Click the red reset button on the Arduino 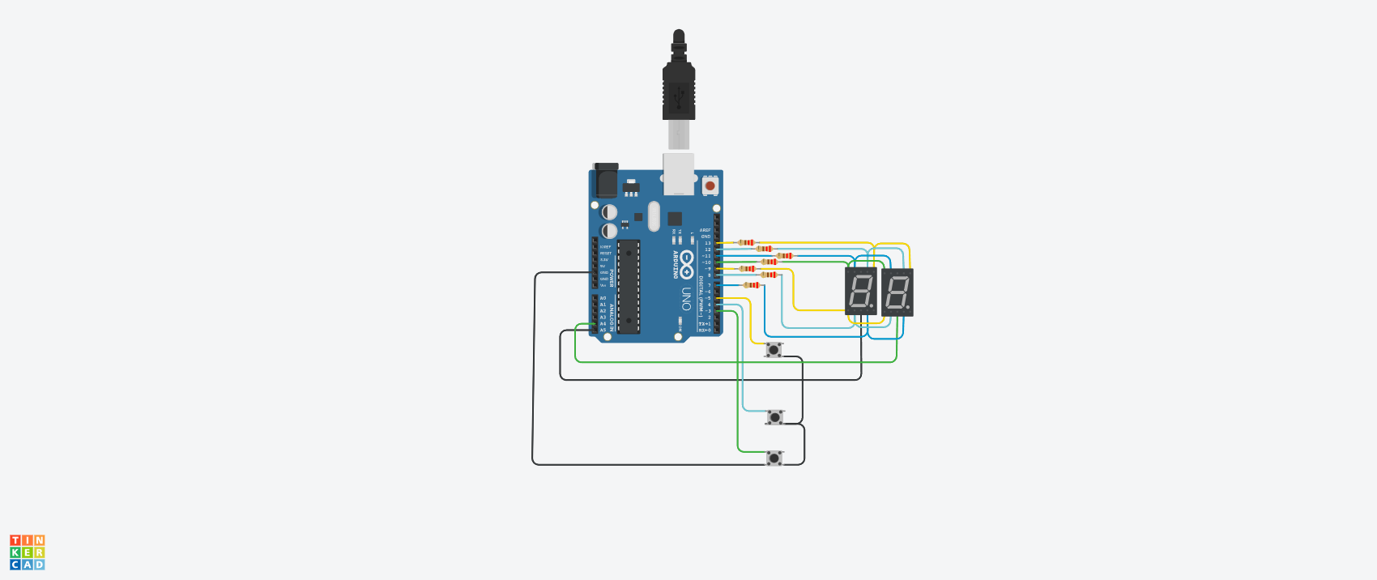[x=710, y=186]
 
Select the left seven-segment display [x=860, y=292]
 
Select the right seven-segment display [x=897, y=292]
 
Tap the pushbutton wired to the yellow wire [x=774, y=350]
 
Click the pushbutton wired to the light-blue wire [x=775, y=417]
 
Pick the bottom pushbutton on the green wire [x=774, y=458]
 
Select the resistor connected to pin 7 [x=752, y=285]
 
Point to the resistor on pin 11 [x=784, y=256]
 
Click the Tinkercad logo [x=28, y=552]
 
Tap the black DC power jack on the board [x=605, y=181]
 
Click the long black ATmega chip [x=629, y=287]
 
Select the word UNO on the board [x=686, y=299]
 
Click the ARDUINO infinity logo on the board [x=686, y=264]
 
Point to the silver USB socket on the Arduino [x=679, y=175]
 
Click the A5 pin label [x=603, y=331]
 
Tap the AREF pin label [x=705, y=230]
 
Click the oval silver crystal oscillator [x=654, y=217]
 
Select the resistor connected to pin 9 [x=747, y=268]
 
